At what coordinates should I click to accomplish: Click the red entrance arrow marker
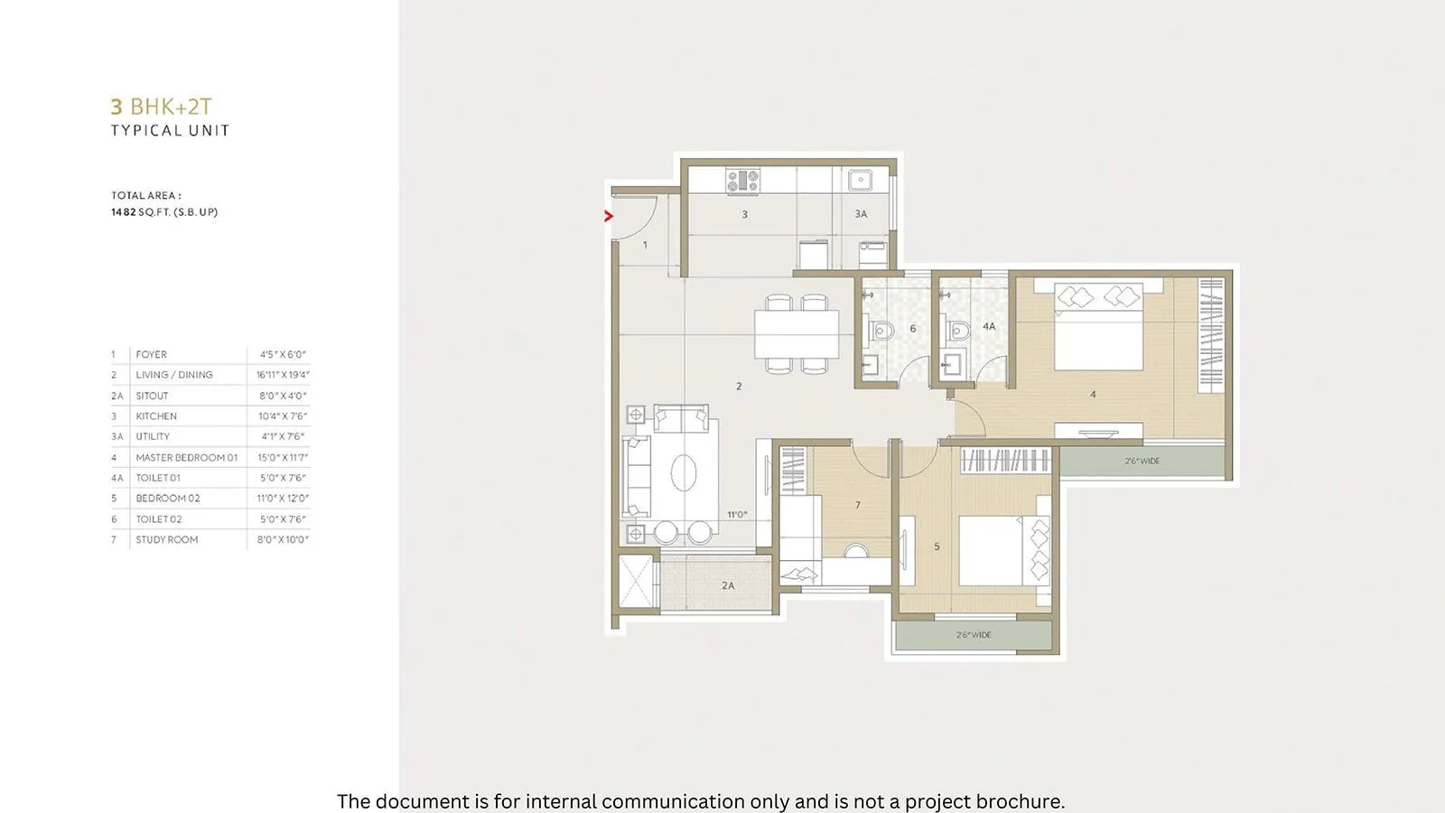(x=609, y=216)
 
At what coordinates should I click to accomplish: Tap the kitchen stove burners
(x=742, y=181)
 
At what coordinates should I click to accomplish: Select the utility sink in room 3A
(x=860, y=180)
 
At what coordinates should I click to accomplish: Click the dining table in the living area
(x=797, y=334)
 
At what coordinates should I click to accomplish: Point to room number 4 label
(x=1093, y=395)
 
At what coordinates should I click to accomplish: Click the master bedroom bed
(x=1098, y=330)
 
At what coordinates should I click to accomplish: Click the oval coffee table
(x=684, y=472)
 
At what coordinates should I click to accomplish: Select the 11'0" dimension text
(x=737, y=515)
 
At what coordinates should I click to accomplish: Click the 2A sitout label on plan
(x=728, y=585)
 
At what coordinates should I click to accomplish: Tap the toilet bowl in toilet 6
(x=882, y=332)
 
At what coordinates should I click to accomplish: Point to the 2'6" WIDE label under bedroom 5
(x=974, y=635)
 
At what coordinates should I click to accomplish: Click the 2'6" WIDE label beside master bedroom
(x=1142, y=462)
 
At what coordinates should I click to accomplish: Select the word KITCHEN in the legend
(x=156, y=416)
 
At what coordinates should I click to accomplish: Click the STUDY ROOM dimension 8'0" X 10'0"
(x=283, y=540)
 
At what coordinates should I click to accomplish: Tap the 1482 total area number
(x=123, y=212)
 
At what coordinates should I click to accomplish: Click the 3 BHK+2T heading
(x=162, y=107)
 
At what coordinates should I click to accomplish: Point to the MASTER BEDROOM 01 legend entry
(x=186, y=458)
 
